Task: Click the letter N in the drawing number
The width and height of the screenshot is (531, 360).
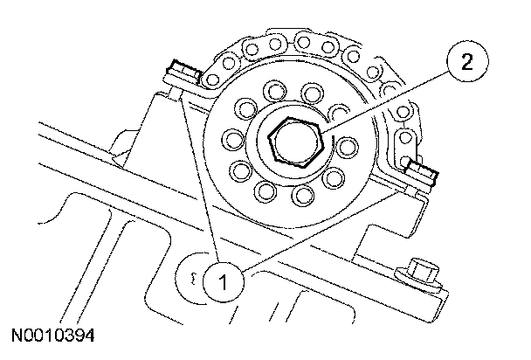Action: coord(17,336)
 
